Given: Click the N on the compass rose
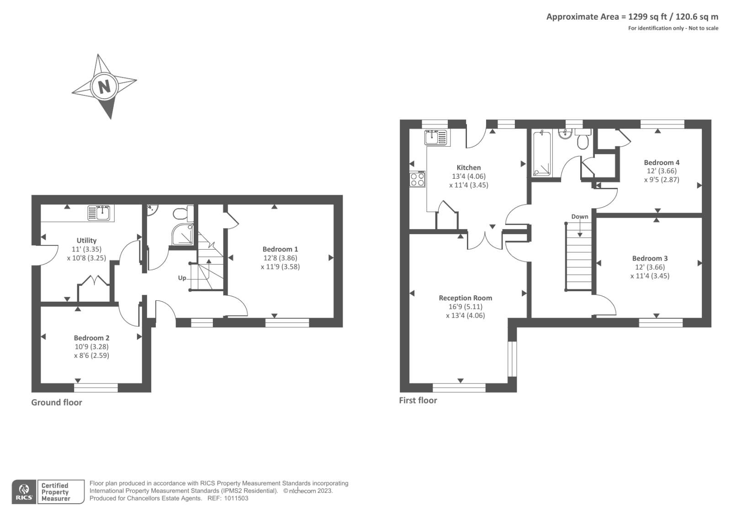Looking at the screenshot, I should point(105,86).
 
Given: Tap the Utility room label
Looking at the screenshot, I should point(86,240).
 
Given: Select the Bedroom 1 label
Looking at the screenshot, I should point(280,249).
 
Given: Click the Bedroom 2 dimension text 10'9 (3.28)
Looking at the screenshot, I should point(91,346).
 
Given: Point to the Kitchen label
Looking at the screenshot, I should point(468,167).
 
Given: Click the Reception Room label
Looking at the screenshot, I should point(465,298).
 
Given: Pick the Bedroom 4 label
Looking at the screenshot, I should point(661,162).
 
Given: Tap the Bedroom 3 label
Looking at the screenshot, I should point(650,258).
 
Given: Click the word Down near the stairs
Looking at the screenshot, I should point(579,216).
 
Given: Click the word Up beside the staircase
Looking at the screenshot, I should point(182,278).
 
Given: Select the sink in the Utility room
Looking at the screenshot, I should point(101,213).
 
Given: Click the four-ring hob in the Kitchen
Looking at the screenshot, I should point(418,179).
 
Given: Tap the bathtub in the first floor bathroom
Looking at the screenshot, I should point(542,154).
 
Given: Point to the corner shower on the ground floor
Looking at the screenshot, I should point(183,234).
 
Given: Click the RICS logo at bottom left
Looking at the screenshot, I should point(24,492).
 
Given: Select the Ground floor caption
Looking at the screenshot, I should point(56,402).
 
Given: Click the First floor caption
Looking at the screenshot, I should point(418,400).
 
